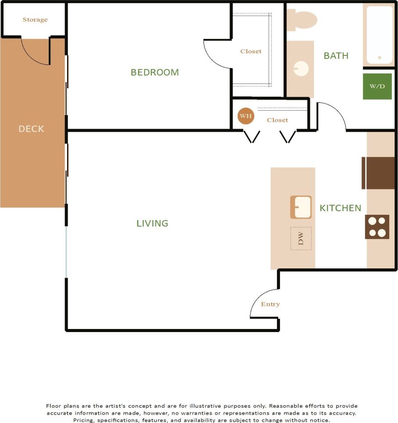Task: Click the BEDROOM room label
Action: [154, 72]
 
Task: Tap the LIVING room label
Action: [152, 223]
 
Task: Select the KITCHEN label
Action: [340, 208]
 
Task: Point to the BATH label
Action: [336, 56]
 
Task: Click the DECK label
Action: [31, 129]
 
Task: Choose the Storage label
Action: [35, 20]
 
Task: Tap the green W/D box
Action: [377, 86]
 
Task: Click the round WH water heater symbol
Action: [246, 116]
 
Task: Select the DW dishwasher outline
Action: [301, 239]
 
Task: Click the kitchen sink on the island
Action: [301, 207]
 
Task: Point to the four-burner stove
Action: [377, 227]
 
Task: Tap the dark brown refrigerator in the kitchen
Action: [379, 173]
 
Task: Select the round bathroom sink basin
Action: [301, 69]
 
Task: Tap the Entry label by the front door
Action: [270, 304]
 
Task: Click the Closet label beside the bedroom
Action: [251, 51]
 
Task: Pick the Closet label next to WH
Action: [277, 120]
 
